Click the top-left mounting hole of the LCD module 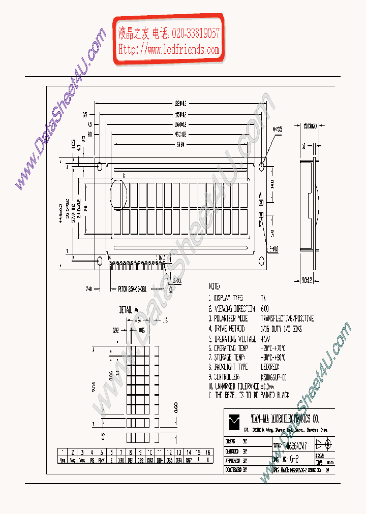point(100,166)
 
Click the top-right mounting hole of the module point(262,166)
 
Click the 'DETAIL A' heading point(129,309)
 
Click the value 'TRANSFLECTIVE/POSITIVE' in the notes point(287,318)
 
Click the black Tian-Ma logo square point(234,420)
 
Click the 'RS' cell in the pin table point(91,459)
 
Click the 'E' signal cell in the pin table point(111,459)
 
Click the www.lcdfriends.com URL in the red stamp point(169,49)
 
